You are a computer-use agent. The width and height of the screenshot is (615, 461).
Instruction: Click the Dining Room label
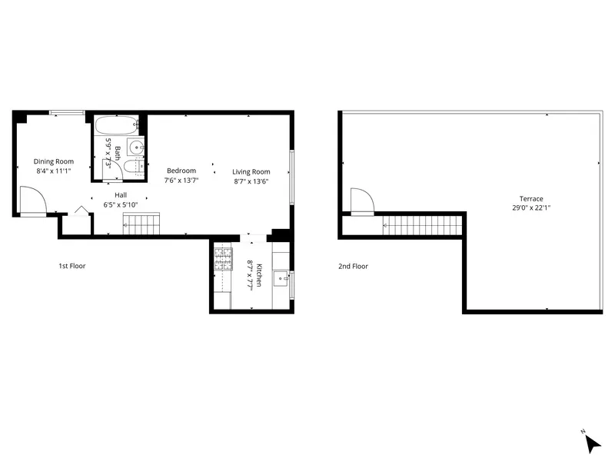tap(54, 161)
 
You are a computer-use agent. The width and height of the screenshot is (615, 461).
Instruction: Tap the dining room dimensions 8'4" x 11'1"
tap(54, 171)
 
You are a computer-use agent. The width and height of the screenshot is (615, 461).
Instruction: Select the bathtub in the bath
tap(116, 124)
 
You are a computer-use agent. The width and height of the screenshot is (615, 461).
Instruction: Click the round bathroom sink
tap(136, 147)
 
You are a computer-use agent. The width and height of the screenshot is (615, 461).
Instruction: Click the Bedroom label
tap(181, 171)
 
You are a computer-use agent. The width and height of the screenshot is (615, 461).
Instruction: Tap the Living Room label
tap(251, 171)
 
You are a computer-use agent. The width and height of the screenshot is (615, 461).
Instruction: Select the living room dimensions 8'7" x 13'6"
tap(251, 182)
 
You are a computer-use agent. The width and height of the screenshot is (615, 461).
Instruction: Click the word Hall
tap(121, 196)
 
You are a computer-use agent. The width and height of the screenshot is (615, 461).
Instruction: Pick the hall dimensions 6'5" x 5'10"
tap(121, 205)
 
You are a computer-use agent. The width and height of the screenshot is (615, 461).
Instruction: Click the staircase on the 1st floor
tap(140, 224)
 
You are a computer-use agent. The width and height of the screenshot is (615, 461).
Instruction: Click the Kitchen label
tap(260, 274)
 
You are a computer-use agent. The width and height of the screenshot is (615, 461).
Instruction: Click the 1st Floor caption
tap(72, 267)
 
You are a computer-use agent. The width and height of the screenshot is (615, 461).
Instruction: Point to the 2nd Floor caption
tap(354, 267)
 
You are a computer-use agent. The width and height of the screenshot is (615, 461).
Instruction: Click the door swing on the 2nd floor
tap(361, 201)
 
